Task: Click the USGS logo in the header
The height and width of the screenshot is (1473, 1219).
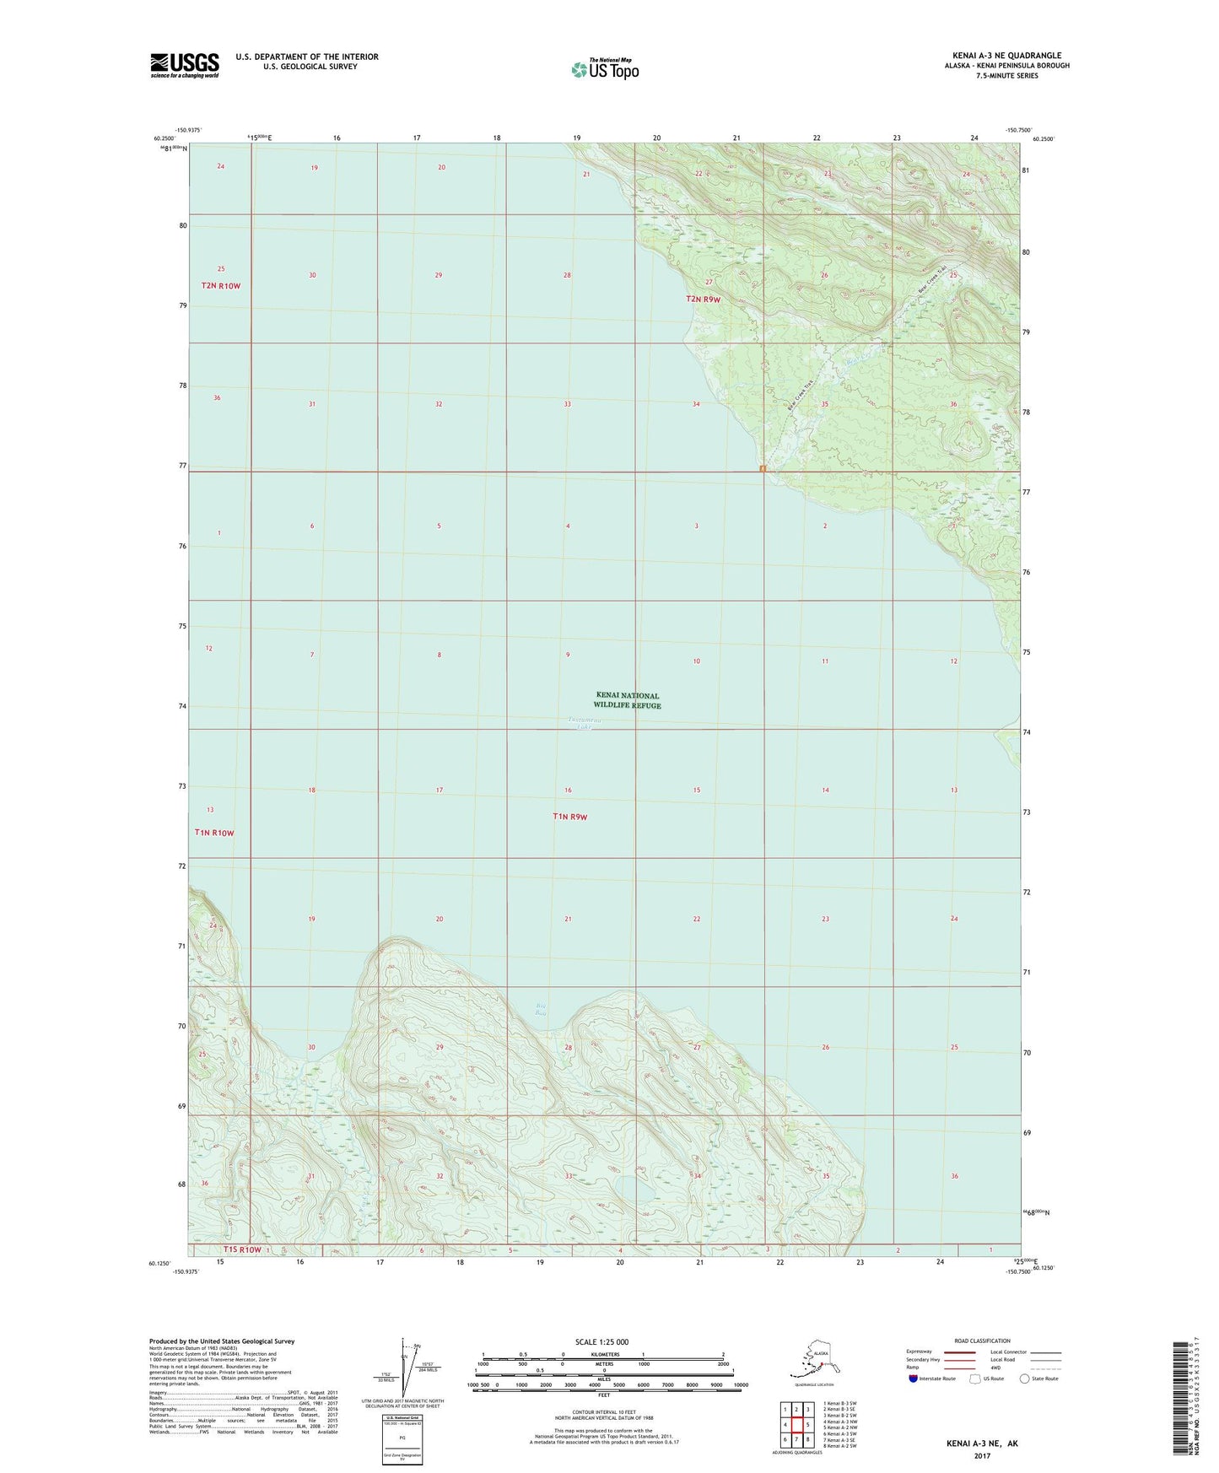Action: click(x=184, y=65)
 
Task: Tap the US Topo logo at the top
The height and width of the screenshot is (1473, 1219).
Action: click(x=604, y=68)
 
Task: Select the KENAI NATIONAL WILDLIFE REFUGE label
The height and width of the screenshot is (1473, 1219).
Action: click(x=627, y=700)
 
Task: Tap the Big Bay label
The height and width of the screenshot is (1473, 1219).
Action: click(x=542, y=1008)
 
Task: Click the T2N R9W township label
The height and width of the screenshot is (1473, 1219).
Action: click(x=704, y=299)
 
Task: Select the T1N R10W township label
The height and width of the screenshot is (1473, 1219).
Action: click(x=214, y=833)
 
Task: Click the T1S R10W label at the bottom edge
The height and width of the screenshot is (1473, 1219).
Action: click(x=243, y=1249)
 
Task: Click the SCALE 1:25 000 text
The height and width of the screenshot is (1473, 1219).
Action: click(x=603, y=1341)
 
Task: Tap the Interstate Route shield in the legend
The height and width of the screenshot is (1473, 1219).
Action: click(x=913, y=1379)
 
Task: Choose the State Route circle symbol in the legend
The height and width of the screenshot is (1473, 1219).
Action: click(x=1025, y=1379)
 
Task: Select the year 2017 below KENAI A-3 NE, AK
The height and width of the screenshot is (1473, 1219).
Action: click(x=982, y=1455)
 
